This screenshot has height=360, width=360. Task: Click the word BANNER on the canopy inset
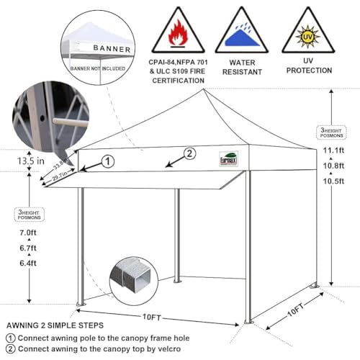point(112,49)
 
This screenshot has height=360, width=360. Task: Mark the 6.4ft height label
point(29,264)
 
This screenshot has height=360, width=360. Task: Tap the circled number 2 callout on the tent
point(190,153)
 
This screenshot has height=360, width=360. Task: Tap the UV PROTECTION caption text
point(309,66)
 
